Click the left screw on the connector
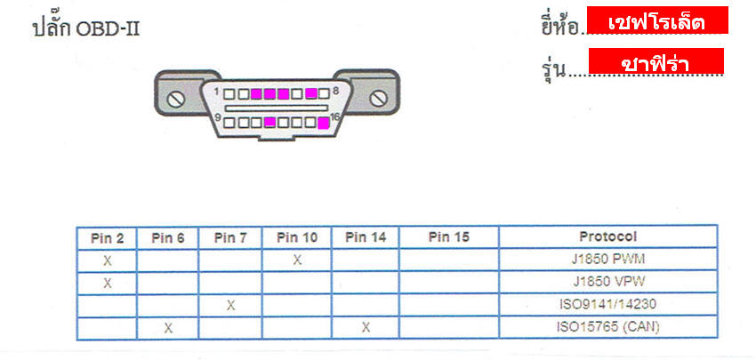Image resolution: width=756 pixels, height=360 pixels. click(x=176, y=100)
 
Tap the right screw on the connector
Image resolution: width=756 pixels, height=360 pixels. click(x=378, y=99)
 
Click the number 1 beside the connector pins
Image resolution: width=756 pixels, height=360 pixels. click(x=217, y=92)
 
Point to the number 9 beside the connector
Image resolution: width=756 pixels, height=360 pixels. click(x=217, y=117)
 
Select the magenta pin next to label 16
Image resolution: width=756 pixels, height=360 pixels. click(x=324, y=123)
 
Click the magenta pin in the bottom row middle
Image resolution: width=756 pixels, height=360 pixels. click(x=270, y=123)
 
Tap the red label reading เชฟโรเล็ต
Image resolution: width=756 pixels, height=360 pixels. click(x=657, y=20)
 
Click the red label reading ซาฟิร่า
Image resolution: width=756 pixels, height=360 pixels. click(x=655, y=61)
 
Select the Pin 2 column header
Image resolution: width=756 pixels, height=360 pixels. click(x=107, y=238)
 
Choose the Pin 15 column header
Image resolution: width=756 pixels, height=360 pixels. click(x=449, y=237)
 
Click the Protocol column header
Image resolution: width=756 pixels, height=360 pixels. click(x=608, y=236)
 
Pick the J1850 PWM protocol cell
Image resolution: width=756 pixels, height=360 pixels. click(x=607, y=260)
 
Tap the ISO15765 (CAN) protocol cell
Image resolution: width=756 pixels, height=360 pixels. click(x=608, y=327)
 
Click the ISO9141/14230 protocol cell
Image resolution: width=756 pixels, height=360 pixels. click(x=607, y=305)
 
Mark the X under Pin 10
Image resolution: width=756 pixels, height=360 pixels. click(x=297, y=260)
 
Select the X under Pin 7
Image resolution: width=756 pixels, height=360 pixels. click(x=231, y=305)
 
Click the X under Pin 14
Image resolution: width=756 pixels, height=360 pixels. click(x=366, y=328)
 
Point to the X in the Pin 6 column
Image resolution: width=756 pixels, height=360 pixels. click(x=168, y=328)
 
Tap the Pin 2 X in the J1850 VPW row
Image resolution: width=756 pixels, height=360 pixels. click(x=107, y=283)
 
